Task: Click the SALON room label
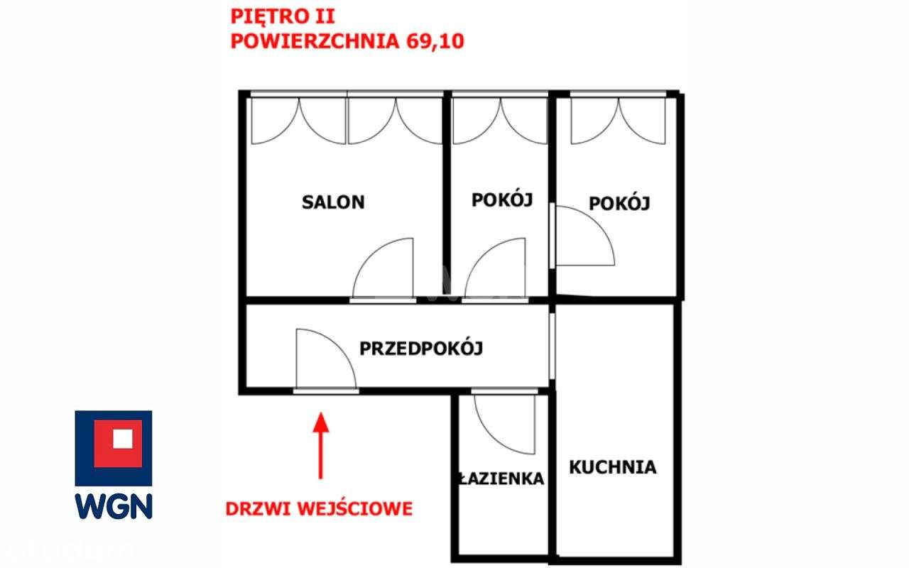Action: pos(333,202)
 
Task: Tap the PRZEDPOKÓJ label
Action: pos(421,349)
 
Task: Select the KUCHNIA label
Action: pos(612,467)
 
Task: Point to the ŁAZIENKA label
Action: pos(501,479)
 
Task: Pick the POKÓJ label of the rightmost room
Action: pos(619,204)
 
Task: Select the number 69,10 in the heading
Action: pos(434,40)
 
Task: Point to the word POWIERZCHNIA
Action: pos(315,40)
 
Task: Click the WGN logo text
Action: pos(114,506)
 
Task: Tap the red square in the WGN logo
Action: pos(114,443)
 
